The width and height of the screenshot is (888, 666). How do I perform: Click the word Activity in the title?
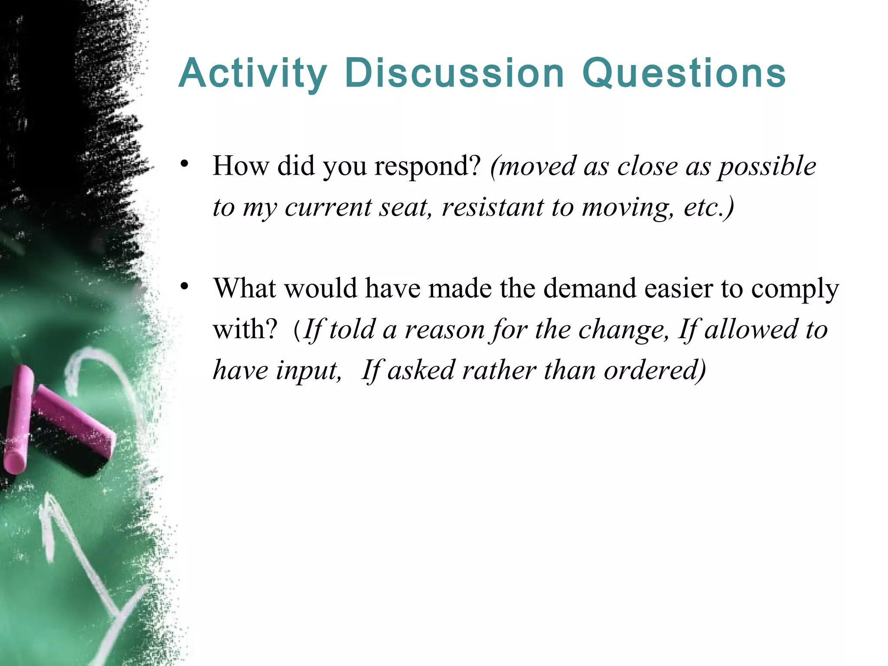point(252,74)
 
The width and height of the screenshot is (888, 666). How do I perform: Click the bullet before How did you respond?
point(185,165)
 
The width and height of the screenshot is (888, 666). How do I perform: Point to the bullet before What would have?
point(185,287)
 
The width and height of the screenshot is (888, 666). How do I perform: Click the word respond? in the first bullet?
point(428,166)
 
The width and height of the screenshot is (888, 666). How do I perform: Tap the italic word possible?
point(767,167)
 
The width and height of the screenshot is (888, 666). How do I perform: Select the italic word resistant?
point(493,207)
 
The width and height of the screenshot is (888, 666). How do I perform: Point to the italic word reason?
point(444,330)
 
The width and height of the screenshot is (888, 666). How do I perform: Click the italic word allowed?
point(751,329)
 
